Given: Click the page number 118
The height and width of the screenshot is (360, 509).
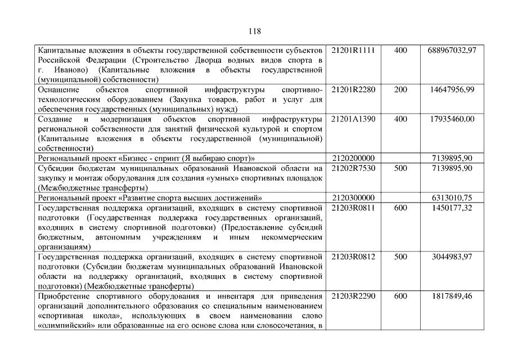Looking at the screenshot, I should pyautogui.click(x=254, y=31).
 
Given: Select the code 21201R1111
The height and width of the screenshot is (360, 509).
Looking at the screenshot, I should pyautogui.click(x=353, y=51).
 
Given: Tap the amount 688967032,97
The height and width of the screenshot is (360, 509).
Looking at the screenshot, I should pyautogui.click(x=451, y=51).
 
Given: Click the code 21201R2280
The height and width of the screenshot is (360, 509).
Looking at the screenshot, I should pyautogui.click(x=353, y=89).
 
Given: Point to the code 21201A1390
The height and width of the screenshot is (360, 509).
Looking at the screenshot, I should pyautogui.click(x=353, y=119).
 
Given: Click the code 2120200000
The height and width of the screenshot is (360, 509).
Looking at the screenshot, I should pyautogui.click(x=353, y=158).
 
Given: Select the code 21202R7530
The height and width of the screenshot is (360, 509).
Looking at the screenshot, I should pyautogui.click(x=353, y=168).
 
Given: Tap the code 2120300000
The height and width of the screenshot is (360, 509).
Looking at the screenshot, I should pyautogui.click(x=353, y=197).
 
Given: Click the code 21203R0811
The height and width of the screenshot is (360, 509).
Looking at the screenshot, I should pyautogui.click(x=353, y=208).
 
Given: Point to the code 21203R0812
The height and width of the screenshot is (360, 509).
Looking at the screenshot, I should pyautogui.click(x=353, y=256).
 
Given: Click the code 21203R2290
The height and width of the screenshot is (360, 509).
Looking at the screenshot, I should pyautogui.click(x=353, y=295).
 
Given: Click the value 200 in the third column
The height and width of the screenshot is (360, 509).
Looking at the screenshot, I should pyautogui.click(x=400, y=89).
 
